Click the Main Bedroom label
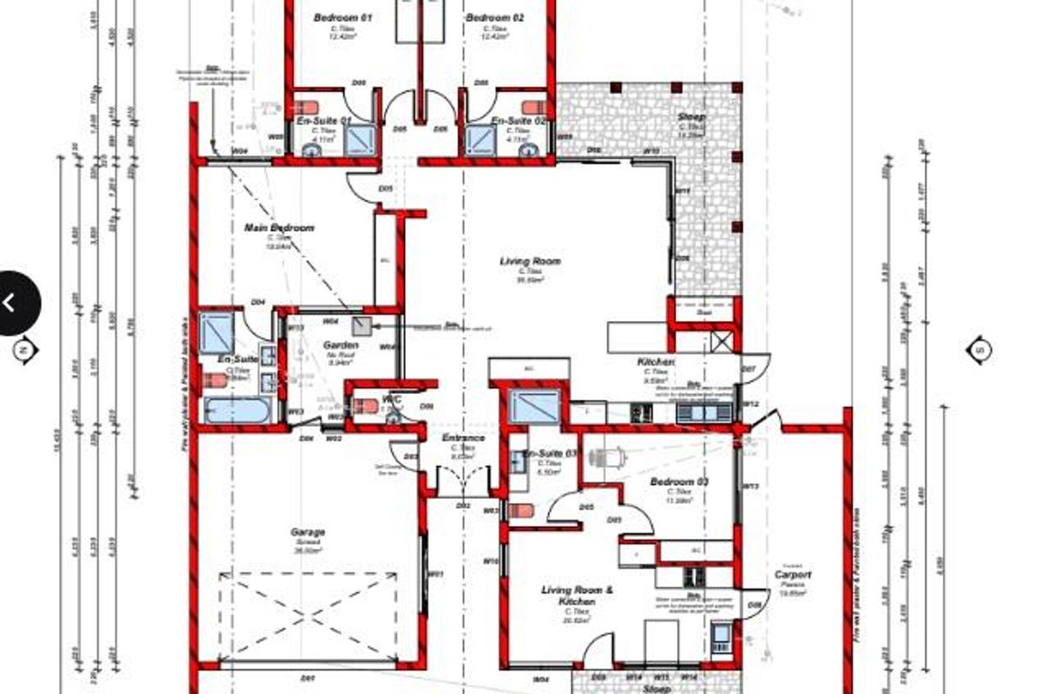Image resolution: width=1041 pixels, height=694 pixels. tap(278, 228)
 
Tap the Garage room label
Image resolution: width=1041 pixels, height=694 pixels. tap(308, 532)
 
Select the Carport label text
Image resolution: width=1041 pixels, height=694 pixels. tap(793, 575)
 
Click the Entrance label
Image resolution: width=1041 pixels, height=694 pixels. tap(463, 438)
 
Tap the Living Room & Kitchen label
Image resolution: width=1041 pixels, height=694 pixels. tap(577, 596)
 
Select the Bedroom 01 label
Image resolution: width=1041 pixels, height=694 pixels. tap(342, 17)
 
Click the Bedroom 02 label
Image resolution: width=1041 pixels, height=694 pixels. tap(494, 17)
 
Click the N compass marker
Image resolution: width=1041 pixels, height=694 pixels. tap(24, 350)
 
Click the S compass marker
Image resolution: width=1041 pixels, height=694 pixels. tap(979, 350)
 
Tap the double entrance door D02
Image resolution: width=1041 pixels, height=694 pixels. tap(462, 482)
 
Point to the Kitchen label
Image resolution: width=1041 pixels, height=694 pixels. tap(655, 362)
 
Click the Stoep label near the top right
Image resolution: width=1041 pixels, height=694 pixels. tap(692, 117)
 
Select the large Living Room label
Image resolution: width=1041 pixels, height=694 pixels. tap(530, 261)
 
